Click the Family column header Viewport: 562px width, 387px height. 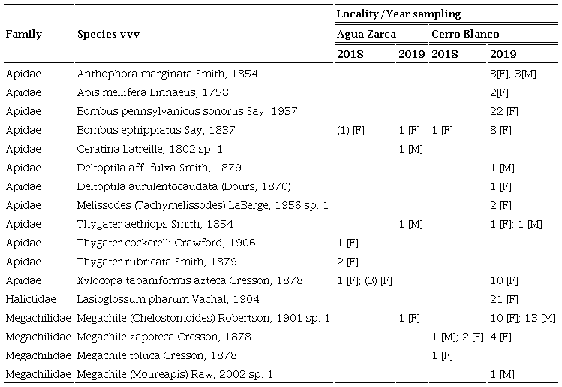pyautogui.click(x=24, y=35)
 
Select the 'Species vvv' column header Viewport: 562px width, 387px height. pyautogui.click(x=109, y=35)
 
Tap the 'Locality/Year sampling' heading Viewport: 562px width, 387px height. pyautogui.click(x=398, y=14)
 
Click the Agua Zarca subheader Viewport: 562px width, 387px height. pyautogui.click(x=366, y=34)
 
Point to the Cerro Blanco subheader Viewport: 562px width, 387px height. pyautogui.click(x=465, y=34)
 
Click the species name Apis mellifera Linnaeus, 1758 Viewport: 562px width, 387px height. pyautogui.click(x=153, y=92)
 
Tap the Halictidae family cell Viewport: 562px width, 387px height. pyautogui.click(x=29, y=299)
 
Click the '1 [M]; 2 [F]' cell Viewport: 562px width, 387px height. pyautogui.click(x=458, y=337)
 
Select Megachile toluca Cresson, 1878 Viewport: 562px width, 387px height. pyautogui.click(x=157, y=355)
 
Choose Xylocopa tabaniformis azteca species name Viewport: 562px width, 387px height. pyautogui.click(x=190, y=280)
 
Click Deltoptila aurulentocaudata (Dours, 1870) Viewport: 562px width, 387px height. pyautogui.click(x=184, y=186)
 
